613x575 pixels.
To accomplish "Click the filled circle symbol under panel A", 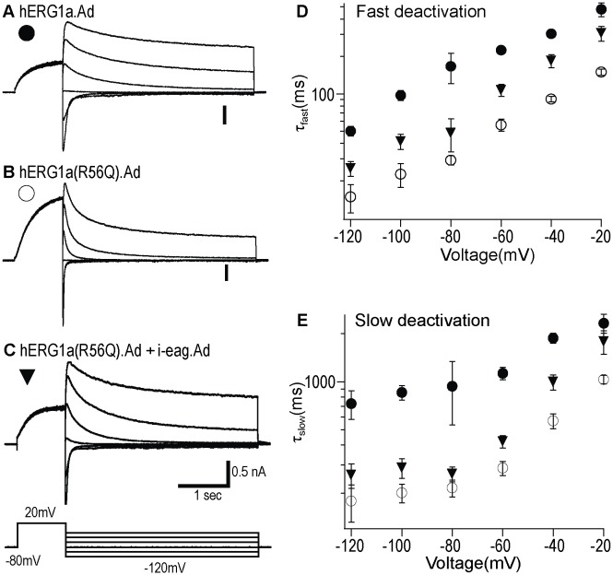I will tap(26, 34).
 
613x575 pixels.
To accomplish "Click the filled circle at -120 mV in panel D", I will tap(350, 131).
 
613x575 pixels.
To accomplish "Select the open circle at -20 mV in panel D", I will tap(601, 72).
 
